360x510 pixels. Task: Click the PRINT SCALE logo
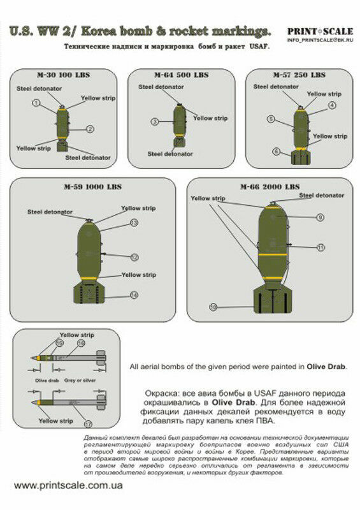(x=319, y=31)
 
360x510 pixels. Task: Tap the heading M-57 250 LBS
(x=299, y=74)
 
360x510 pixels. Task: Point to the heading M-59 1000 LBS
(x=93, y=187)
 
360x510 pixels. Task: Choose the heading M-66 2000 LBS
(x=270, y=187)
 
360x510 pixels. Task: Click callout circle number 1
(x=36, y=103)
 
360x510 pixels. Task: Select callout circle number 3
(x=154, y=121)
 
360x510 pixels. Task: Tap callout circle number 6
(x=276, y=152)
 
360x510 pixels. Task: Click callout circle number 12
(x=134, y=258)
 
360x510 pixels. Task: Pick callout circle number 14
(x=134, y=295)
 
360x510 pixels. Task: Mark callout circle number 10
(x=213, y=307)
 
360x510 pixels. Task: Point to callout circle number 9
(x=320, y=217)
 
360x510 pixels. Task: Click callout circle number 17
(x=88, y=424)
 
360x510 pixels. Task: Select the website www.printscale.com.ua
(x=69, y=485)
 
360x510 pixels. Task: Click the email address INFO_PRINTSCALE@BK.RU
(x=319, y=40)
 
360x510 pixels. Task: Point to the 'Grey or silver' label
(x=80, y=380)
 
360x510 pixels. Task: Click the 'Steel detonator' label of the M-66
(x=321, y=195)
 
